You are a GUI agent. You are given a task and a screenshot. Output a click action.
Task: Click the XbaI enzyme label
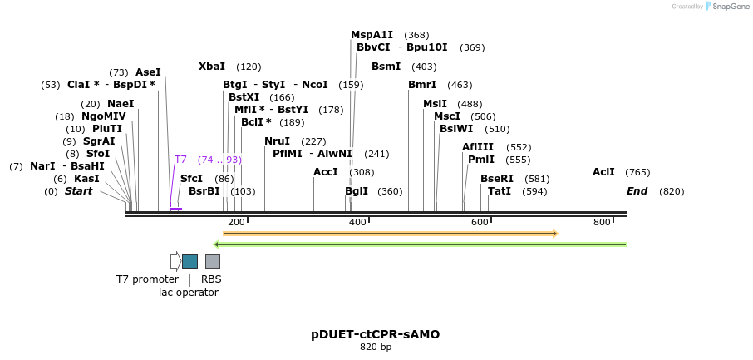pos(212,67)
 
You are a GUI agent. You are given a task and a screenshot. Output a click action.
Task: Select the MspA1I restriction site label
pos(372,35)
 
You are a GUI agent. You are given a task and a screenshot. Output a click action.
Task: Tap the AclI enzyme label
pos(603,172)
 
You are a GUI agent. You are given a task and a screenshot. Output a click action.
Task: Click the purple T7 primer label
pos(180,159)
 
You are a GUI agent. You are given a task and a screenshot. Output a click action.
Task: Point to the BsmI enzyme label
pos(386,67)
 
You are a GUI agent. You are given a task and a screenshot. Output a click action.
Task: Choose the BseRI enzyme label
pos(497,178)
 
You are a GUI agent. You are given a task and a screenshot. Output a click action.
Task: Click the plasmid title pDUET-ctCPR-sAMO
pos(376,334)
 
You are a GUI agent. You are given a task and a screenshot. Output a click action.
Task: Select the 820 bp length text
pos(376,348)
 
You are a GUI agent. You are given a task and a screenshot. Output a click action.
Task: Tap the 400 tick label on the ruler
pos(357,222)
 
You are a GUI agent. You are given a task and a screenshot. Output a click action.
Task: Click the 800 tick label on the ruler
pos(602,222)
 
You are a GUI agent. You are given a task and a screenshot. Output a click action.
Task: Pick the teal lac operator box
pos(189,261)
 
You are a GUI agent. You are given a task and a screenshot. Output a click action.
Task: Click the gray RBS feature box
pos(213,261)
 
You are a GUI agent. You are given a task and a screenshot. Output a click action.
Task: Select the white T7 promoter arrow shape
pos(175,261)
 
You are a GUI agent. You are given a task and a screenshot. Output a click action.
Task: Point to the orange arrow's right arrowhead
pos(554,234)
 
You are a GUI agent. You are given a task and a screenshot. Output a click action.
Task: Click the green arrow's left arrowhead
pos(217,244)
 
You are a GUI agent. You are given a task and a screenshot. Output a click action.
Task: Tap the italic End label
pos(637,191)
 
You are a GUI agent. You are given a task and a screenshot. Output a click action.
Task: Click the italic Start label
pos(79,191)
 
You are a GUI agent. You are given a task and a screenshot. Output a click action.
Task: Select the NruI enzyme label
pos(277,141)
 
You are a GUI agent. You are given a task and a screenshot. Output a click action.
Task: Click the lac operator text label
pos(189,293)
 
